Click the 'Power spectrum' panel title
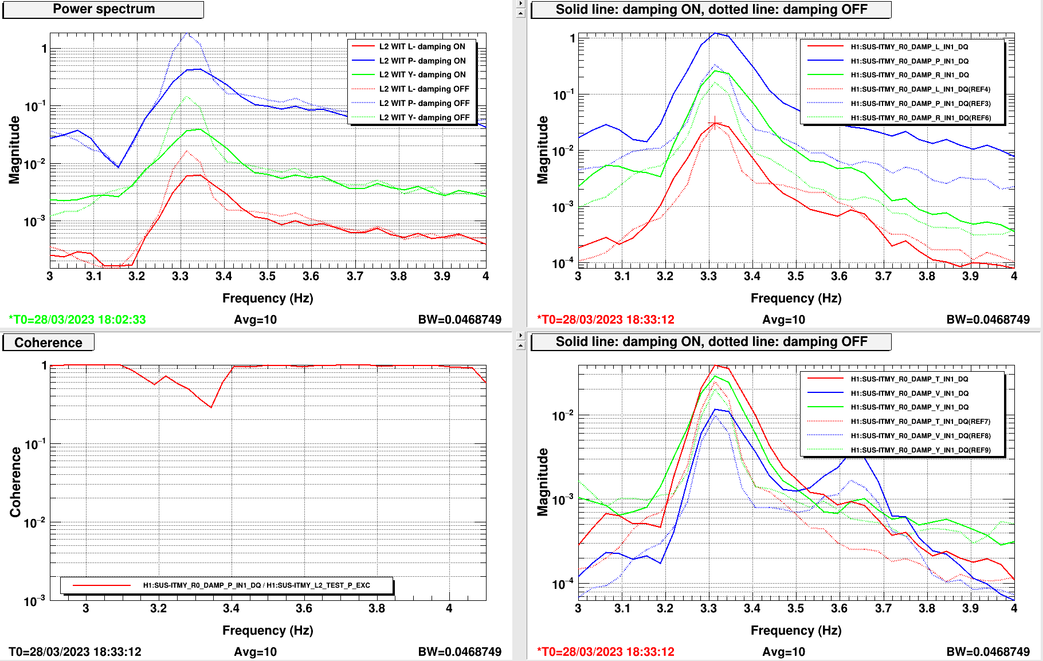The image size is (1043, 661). (x=104, y=9)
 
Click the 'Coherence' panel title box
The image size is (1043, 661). (x=48, y=343)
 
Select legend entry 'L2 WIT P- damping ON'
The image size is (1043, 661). (x=422, y=61)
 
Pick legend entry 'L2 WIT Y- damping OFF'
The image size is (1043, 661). (x=424, y=117)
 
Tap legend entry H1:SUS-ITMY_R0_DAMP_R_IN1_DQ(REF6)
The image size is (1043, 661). (x=920, y=118)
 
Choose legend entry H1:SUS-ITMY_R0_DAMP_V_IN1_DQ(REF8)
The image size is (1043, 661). (x=920, y=436)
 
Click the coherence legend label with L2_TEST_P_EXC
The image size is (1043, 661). (x=256, y=585)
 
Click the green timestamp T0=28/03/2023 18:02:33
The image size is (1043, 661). (x=77, y=320)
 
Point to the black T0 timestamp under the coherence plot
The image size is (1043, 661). (x=75, y=652)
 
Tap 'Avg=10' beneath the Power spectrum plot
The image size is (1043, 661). (x=255, y=320)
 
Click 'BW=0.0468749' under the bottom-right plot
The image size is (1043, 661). (x=988, y=652)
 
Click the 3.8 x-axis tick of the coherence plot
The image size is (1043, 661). (x=377, y=608)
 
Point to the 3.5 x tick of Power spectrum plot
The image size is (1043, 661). (x=267, y=276)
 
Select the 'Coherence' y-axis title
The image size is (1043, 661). (x=15, y=482)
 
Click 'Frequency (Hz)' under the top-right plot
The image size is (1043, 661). (x=795, y=298)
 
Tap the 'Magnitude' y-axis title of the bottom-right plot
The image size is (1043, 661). (x=543, y=482)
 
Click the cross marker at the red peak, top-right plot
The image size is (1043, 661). (x=715, y=123)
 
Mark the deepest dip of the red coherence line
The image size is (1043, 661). (x=211, y=407)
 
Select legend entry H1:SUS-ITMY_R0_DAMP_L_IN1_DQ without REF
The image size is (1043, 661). (x=909, y=47)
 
